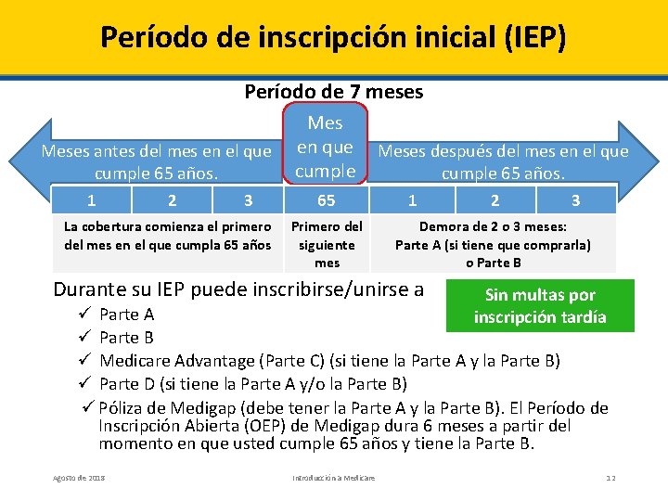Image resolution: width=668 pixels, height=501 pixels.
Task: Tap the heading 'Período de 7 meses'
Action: [333, 92]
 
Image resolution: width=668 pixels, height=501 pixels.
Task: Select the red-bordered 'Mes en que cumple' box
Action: [326, 147]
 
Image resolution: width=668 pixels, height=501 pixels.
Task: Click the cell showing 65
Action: [326, 200]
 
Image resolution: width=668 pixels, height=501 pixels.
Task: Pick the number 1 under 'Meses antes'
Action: [91, 200]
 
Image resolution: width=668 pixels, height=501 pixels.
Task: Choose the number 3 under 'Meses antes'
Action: [248, 200]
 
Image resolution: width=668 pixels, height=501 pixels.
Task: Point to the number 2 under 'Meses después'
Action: [495, 200]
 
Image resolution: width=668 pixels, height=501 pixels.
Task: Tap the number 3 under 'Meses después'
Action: [575, 200]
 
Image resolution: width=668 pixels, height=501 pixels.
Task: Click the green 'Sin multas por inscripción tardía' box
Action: [540, 306]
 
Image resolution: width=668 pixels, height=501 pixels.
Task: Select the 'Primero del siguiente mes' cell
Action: [327, 245]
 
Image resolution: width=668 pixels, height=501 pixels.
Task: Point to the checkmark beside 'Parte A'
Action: [85, 315]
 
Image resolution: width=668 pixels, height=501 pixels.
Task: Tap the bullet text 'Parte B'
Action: [126, 338]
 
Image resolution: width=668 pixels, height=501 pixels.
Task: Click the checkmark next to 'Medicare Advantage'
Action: [85, 361]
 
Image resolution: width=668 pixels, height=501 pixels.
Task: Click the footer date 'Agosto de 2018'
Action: [79, 477]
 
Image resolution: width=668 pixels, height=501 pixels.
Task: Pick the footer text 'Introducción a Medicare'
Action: [333, 477]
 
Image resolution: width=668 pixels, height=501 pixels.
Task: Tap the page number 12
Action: [610, 477]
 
